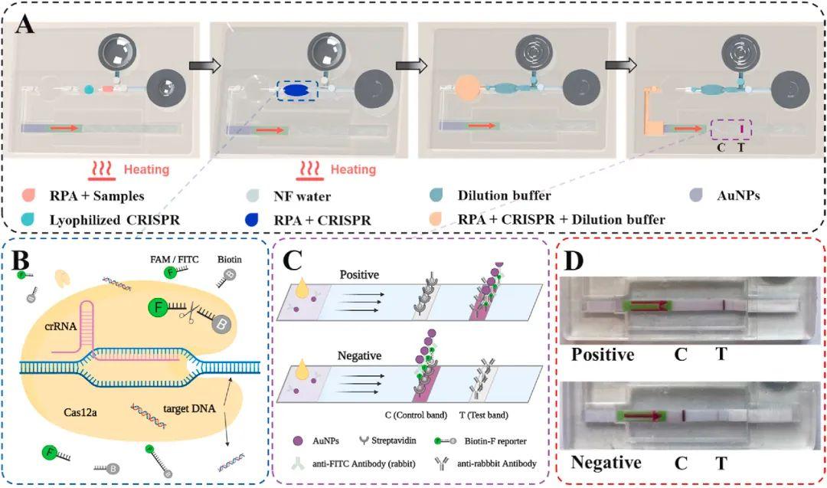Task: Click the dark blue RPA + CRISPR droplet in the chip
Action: tap(295, 90)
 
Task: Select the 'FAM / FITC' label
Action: tap(176, 260)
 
